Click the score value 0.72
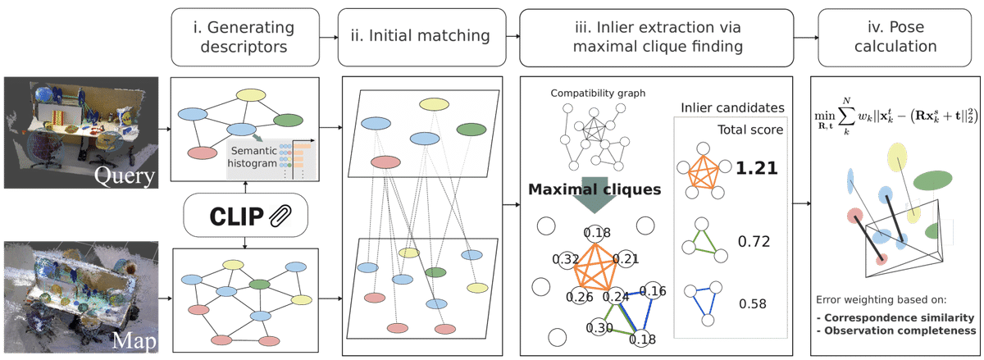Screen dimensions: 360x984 (754, 243)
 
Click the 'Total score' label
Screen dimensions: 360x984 (748, 130)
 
